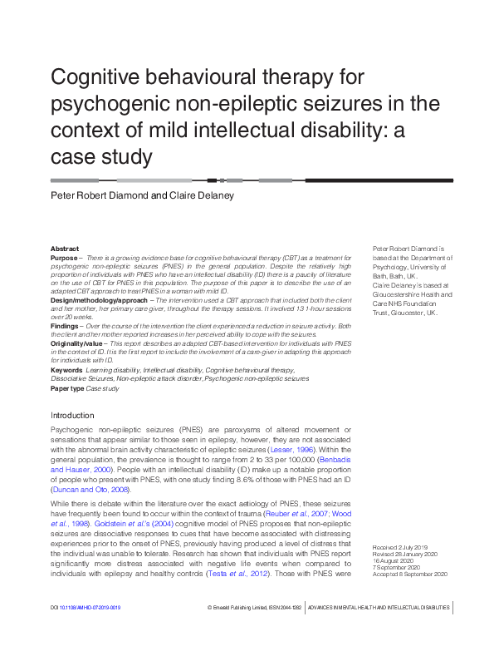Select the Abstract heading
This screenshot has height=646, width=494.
click(65, 249)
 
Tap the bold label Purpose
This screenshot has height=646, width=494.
click(65, 259)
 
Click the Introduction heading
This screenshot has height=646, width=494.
click(72, 415)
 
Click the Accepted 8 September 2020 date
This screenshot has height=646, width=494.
click(404, 574)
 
